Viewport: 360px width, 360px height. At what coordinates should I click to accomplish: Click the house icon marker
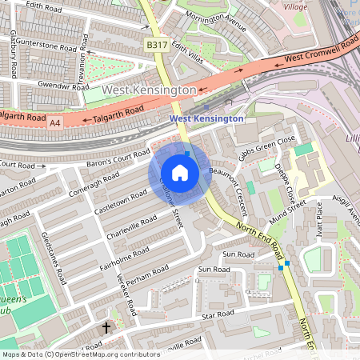point(180,173)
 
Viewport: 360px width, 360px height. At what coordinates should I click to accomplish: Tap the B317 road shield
point(156,46)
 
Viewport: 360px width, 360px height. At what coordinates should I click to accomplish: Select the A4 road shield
point(55,123)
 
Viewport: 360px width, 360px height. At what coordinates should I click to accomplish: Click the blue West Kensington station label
point(207,118)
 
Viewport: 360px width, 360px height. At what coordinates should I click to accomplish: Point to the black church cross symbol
point(106,328)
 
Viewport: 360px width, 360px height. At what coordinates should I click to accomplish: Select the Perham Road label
point(151,284)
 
